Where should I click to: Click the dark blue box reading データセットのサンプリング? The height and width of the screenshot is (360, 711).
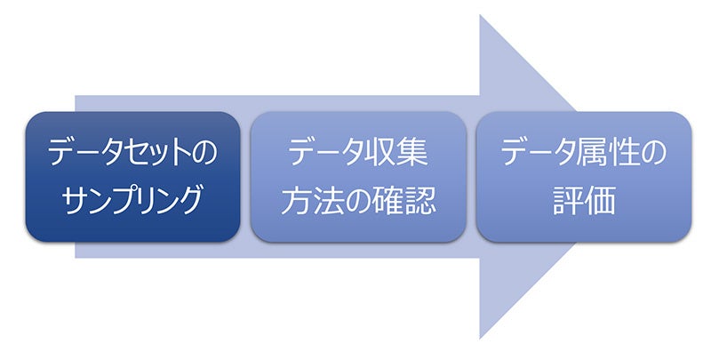(132, 177)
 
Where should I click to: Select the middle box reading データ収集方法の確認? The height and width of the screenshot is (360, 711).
(358, 177)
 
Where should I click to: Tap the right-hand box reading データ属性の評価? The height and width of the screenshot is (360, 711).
(584, 177)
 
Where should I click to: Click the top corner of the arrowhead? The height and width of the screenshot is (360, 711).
(481, 15)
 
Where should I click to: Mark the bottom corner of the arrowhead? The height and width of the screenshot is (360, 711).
(481, 339)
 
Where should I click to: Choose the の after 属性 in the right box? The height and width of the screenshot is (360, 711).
(654, 154)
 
